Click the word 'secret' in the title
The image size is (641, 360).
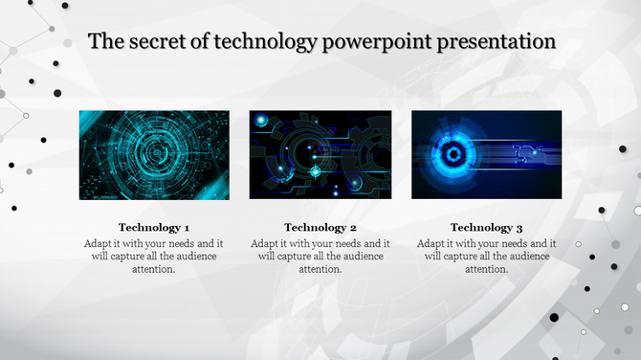(x=156, y=42)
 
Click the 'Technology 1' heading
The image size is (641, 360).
(x=154, y=228)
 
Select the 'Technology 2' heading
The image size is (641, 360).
(x=320, y=228)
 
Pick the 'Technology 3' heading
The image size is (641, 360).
(x=487, y=228)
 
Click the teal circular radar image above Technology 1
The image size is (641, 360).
(x=154, y=155)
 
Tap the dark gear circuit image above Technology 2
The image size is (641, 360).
(x=320, y=155)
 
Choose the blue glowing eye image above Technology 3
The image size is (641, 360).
(x=487, y=155)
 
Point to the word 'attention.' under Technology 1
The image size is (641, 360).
(x=154, y=270)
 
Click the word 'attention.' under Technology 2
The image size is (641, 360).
(x=320, y=270)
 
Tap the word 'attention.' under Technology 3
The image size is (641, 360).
(x=487, y=270)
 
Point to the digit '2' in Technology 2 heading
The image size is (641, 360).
(x=353, y=228)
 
